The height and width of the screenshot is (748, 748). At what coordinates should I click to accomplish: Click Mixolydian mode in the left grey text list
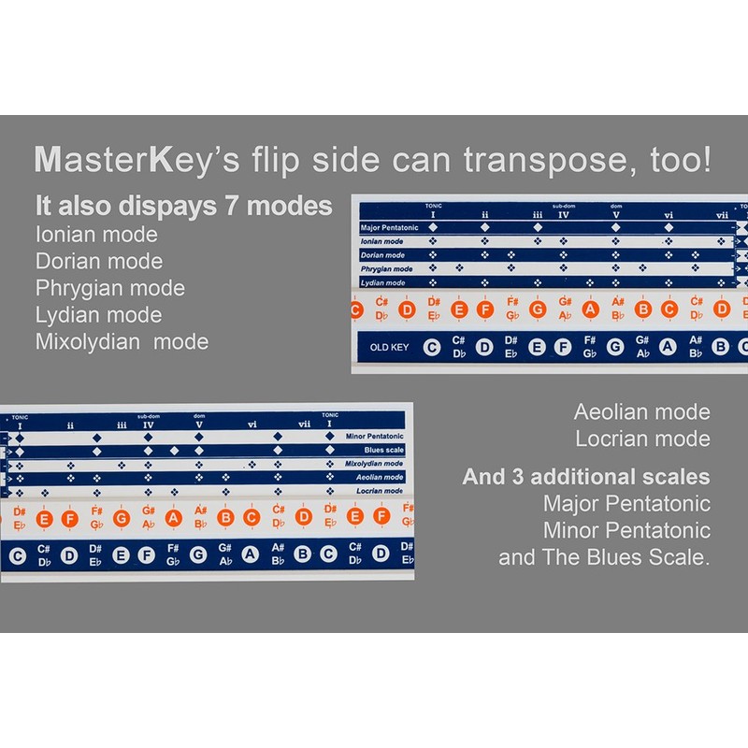click(x=122, y=341)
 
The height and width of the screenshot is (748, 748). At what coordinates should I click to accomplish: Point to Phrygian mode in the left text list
click(x=110, y=288)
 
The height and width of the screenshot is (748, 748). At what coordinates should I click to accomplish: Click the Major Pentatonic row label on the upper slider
click(x=389, y=227)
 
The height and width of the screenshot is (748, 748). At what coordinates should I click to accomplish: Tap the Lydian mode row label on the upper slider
click(x=383, y=282)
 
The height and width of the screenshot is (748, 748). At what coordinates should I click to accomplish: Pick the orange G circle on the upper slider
click(x=537, y=309)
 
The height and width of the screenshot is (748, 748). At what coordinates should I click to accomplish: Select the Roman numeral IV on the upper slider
click(x=564, y=215)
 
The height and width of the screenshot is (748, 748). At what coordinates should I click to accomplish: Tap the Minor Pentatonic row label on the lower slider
click(x=373, y=436)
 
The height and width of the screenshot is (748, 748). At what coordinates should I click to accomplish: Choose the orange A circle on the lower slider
click(x=173, y=517)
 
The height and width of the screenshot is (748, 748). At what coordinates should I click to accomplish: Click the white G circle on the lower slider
click(x=198, y=555)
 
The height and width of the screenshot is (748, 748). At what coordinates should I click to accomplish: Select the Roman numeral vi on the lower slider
click(x=252, y=424)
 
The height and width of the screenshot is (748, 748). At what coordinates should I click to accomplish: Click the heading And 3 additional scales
click(x=586, y=477)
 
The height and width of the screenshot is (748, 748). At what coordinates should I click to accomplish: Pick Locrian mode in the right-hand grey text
click(x=641, y=439)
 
